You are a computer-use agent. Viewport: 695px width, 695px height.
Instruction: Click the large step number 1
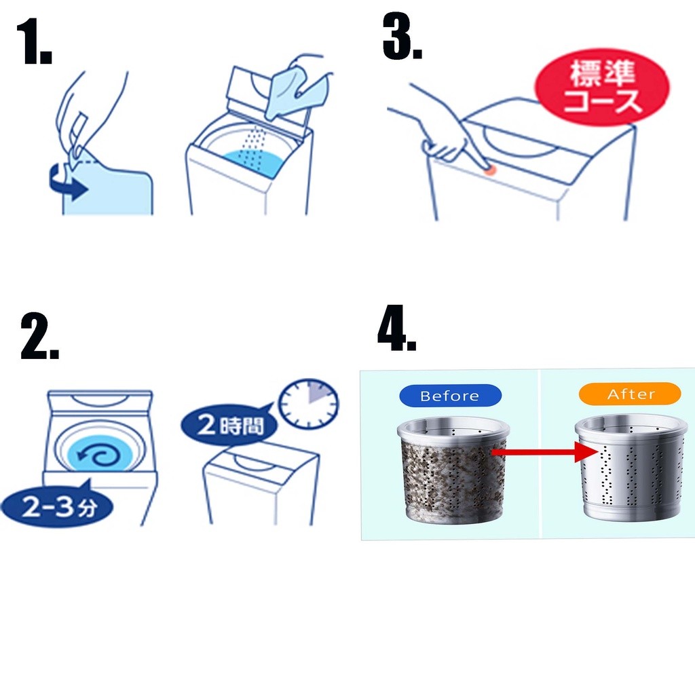(34, 42)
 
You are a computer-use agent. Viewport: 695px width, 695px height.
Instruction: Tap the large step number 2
(39, 337)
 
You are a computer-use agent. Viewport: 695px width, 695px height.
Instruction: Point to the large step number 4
(396, 328)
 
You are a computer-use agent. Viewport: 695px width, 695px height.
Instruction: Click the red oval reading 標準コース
(601, 88)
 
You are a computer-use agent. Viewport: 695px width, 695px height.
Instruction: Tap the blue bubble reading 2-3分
(57, 506)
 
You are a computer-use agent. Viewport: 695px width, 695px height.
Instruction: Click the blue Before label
(450, 396)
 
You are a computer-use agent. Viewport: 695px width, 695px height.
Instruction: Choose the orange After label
(630, 394)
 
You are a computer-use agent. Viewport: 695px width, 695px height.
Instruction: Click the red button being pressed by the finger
(489, 170)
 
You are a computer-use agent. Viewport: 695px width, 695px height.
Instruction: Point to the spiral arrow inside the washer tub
(99, 455)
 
